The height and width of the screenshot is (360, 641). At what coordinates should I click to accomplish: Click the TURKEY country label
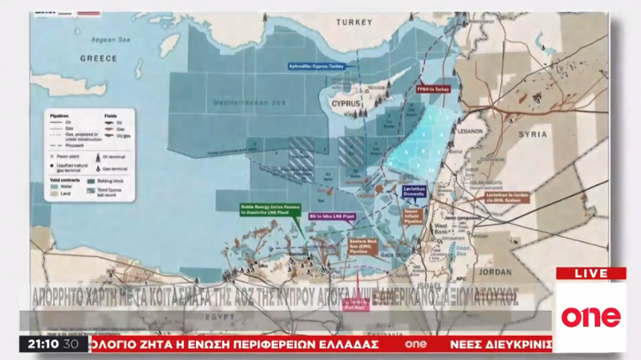point(354,22)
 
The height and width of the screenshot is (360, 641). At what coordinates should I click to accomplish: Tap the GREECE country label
point(98,58)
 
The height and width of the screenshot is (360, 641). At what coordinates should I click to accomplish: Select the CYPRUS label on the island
point(347,103)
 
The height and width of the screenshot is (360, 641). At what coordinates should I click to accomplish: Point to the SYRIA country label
point(533,134)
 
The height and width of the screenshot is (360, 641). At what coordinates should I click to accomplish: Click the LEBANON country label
point(471,131)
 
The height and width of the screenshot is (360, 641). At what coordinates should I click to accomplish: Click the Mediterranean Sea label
point(239,102)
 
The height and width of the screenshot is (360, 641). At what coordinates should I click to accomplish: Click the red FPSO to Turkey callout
point(434,90)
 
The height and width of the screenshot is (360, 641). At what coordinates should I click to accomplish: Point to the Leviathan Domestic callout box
point(414,190)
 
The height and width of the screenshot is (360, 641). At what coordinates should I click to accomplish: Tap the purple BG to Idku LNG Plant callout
point(332,215)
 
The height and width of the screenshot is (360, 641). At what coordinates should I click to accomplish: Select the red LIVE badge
point(590,274)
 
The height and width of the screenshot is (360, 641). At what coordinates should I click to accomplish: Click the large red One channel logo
point(590,317)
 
